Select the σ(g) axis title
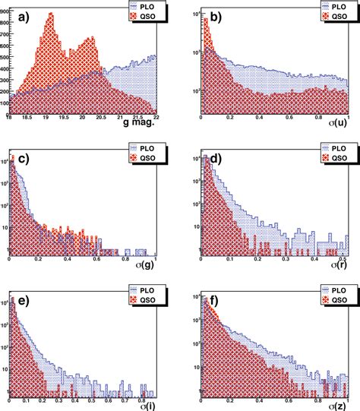(139, 266)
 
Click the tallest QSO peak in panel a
(50, 13)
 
